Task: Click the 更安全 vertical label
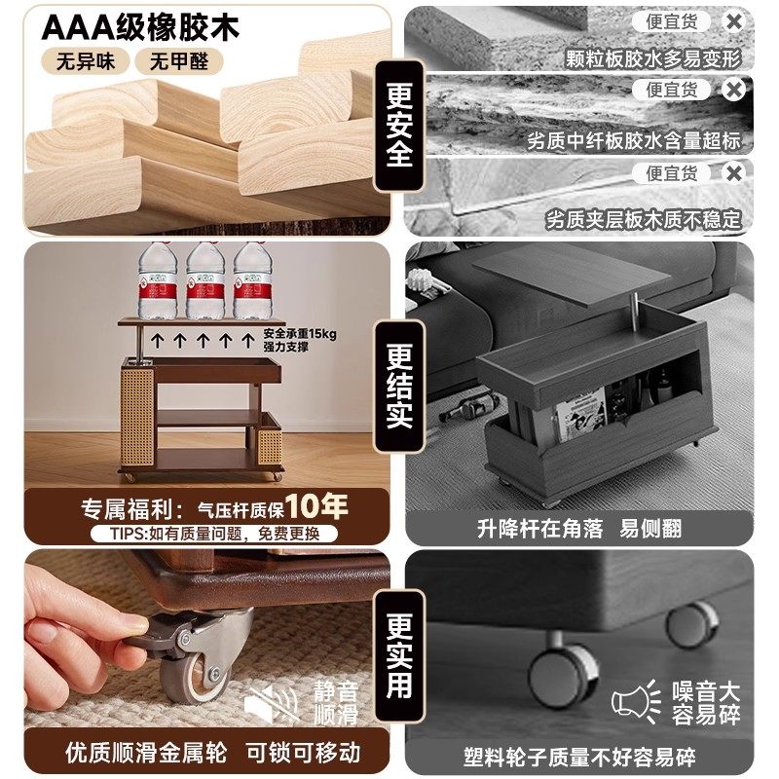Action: (399, 126)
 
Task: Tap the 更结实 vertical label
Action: (399, 386)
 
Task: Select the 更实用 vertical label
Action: (399, 655)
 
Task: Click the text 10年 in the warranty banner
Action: (317, 506)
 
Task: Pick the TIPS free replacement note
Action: (214, 533)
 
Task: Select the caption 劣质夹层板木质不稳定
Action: (643, 218)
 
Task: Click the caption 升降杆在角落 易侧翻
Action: (579, 529)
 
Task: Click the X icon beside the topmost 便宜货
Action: (734, 21)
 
